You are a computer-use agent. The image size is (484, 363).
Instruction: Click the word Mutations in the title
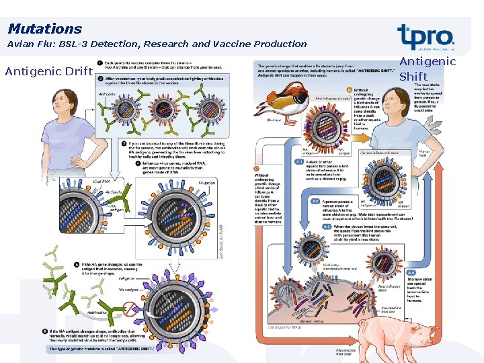click(x=44, y=29)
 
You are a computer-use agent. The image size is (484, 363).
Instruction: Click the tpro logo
click(x=425, y=37)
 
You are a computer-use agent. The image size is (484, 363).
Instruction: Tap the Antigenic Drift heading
click(x=48, y=71)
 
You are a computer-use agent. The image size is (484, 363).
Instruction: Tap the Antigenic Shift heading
click(x=428, y=69)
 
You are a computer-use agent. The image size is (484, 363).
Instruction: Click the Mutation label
click(x=207, y=182)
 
